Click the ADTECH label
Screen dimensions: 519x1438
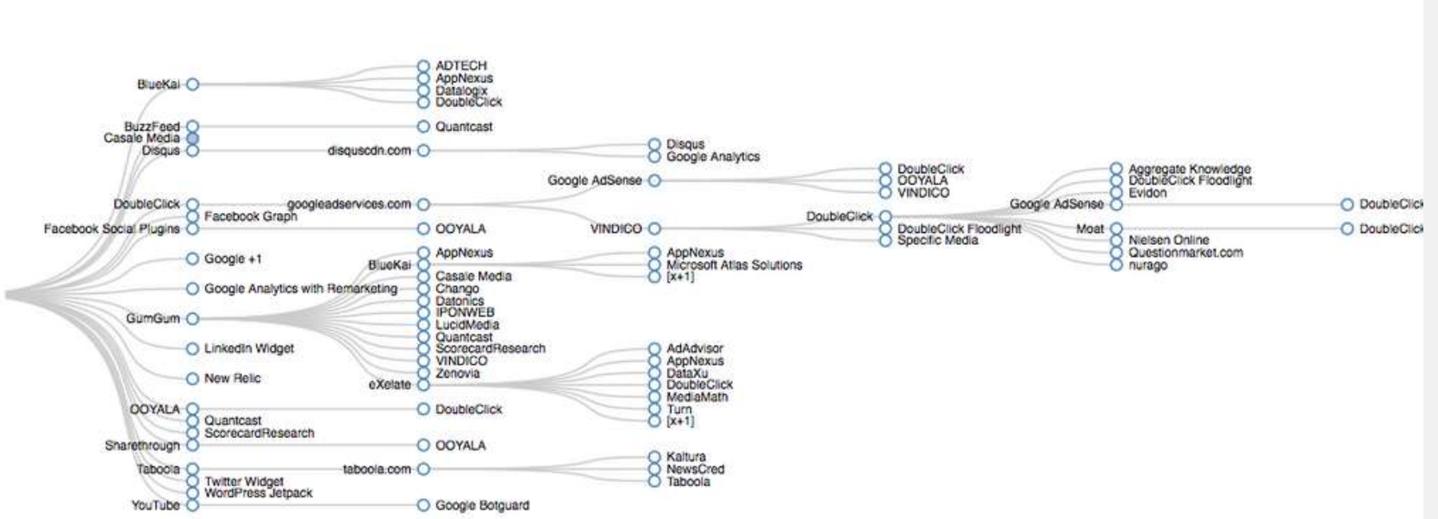pyautogui.click(x=460, y=66)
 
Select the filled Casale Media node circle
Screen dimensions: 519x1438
pyautogui.click(x=192, y=138)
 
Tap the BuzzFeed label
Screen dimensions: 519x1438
pyautogui.click(x=152, y=127)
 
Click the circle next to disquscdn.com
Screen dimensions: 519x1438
pyautogui.click(x=423, y=151)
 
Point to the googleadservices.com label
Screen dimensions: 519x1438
pyautogui.click(x=349, y=204)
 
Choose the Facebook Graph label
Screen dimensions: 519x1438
pyautogui.click(x=250, y=216)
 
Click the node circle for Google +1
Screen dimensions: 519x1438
pyautogui.click(x=192, y=259)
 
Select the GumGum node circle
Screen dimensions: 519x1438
pyautogui.click(x=192, y=319)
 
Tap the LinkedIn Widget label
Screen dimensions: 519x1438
pyautogui.click(x=248, y=348)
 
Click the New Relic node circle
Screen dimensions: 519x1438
pyautogui.click(x=192, y=378)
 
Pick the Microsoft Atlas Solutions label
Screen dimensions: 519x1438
pyautogui.click(x=734, y=265)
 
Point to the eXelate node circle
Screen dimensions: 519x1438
pyautogui.click(x=423, y=385)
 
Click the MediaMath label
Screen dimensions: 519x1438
pyautogui.click(x=697, y=397)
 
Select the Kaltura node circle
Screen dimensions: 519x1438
pyautogui.click(x=654, y=457)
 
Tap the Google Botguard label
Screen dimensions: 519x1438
pyautogui.click(x=482, y=505)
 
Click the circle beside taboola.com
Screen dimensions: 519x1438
pyautogui.click(x=423, y=470)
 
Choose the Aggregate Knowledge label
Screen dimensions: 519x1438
pyautogui.click(x=1189, y=169)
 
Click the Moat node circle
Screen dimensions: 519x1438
pyautogui.click(x=1116, y=228)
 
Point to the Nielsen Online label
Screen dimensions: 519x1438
pyautogui.click(x=1168, y=241)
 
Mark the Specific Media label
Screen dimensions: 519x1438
pyautogui.click(x=937, y=241)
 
